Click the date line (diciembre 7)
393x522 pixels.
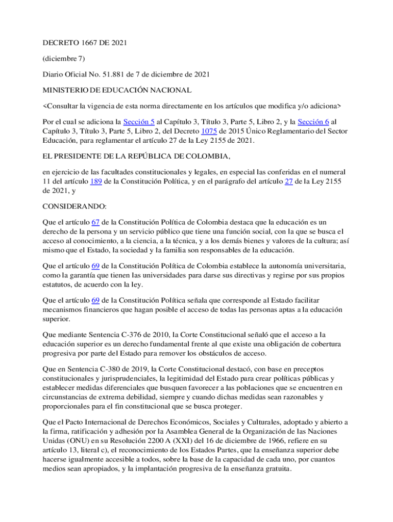click(x=63, y=59)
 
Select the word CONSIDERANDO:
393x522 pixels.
click(x=74, y=206)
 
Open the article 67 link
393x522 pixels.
click(x=95, y=222)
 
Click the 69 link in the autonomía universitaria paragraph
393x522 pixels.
click(x=95, y=266)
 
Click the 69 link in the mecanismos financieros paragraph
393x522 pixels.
click(x=95, y=300)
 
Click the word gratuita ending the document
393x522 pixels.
click(x=273, y=470)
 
